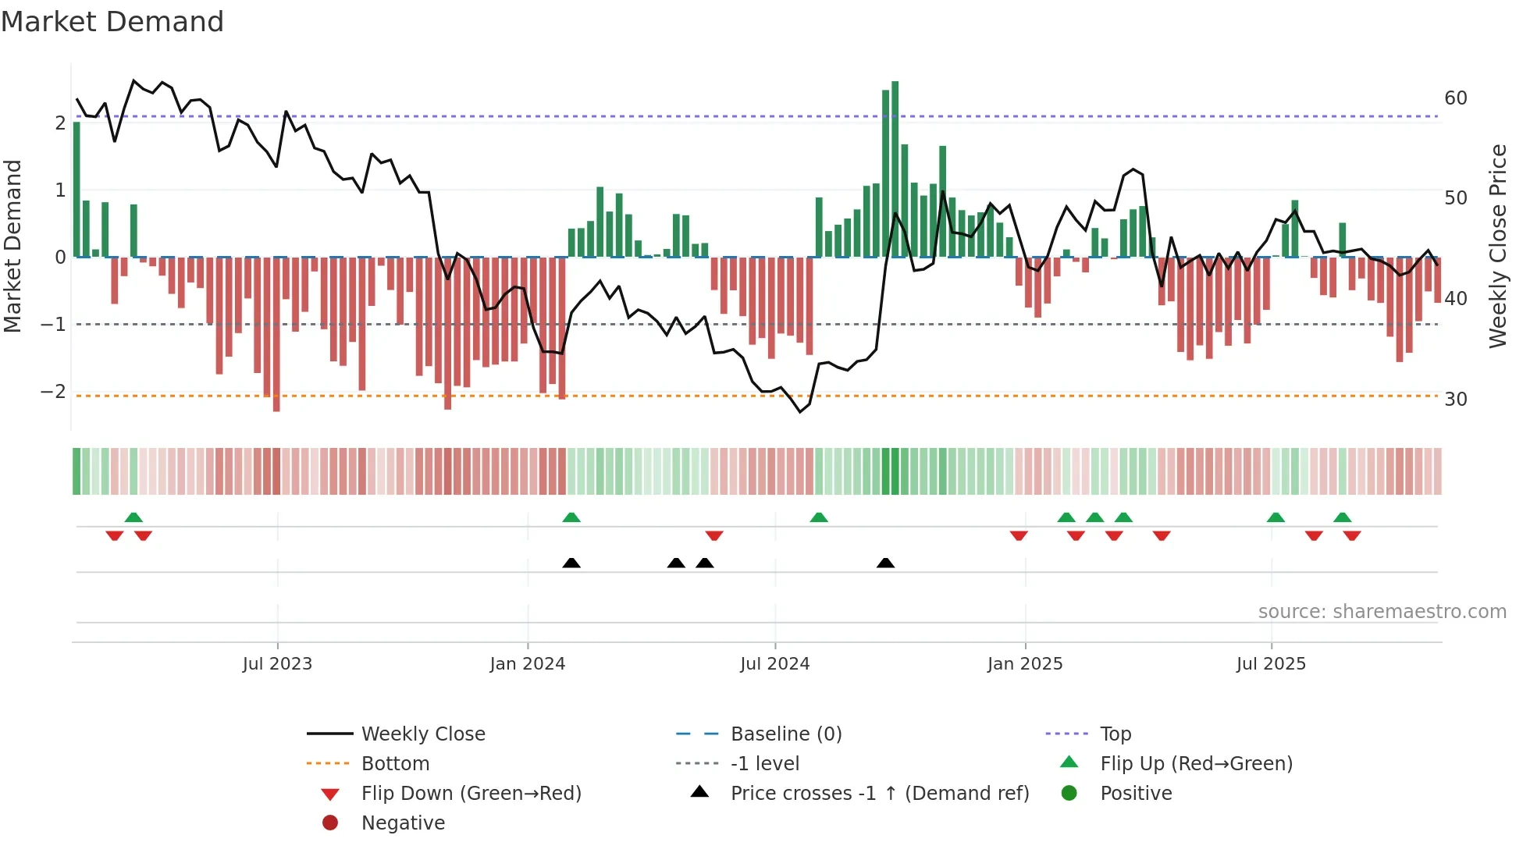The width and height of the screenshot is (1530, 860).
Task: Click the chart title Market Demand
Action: [x=112, y=22]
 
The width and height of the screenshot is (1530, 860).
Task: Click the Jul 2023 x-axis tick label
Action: [x=277, y=664]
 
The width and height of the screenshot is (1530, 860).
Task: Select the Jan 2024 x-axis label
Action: [x=528, y=664]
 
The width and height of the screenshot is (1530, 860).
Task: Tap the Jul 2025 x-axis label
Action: [x=1271, y=664]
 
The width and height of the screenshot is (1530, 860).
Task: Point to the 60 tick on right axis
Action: [x=1455, y=98]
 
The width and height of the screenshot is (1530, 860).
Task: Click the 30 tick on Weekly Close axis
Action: [x=1455, y=400]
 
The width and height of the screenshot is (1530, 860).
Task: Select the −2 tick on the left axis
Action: [x=53, y=392]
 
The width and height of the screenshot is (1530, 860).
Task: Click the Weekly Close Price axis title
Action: [x=1497, y=246]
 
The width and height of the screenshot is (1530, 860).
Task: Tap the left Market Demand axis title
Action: [x=12, y=246]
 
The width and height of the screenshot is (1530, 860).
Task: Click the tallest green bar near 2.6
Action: [x=895, y=168]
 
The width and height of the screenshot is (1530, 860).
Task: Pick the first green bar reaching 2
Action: [x=76, y=190]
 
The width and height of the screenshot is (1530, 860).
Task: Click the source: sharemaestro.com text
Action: [x=1382, y=612]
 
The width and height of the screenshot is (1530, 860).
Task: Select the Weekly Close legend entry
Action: [x=422, y=734]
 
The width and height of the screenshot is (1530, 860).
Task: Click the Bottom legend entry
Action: [x=395, y=764]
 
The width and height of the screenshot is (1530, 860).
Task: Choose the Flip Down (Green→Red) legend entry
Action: [x=471, y=794]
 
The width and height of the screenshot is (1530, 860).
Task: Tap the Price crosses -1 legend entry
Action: [x=879, y=794]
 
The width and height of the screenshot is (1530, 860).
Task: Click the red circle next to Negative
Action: [x=330, y=823]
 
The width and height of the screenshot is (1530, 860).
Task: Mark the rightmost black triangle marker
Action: [x=885, y=563]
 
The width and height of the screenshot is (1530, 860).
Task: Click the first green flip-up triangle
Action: [x=133, y=517]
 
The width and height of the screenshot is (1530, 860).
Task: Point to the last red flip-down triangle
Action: [x=1352, y=535]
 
